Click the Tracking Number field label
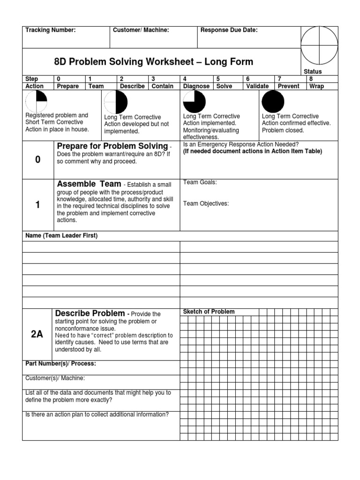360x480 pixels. pyautogui.click(x=50, y=30)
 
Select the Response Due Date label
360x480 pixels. pyautogui.click(x=229, y=30)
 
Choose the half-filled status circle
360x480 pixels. pyautogui.click(x=115, y=102)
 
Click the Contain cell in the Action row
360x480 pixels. pyautogui.click(x=163, y=86)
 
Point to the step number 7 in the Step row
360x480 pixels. pyautogui.click(x=279, y=79)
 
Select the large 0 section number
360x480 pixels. pyautogui.click(x=37, y=160)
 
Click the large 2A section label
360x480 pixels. pyautogui.click(x=37, y=334)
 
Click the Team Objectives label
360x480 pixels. pyautogui.click(x=206, y=203)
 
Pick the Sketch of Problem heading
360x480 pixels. pyautogui.click(x=209, y=312)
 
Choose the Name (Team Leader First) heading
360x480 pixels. pyautogui.click(x=61, y=236)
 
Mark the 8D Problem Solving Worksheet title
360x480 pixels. pyautogui.click(x=154, y=62)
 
